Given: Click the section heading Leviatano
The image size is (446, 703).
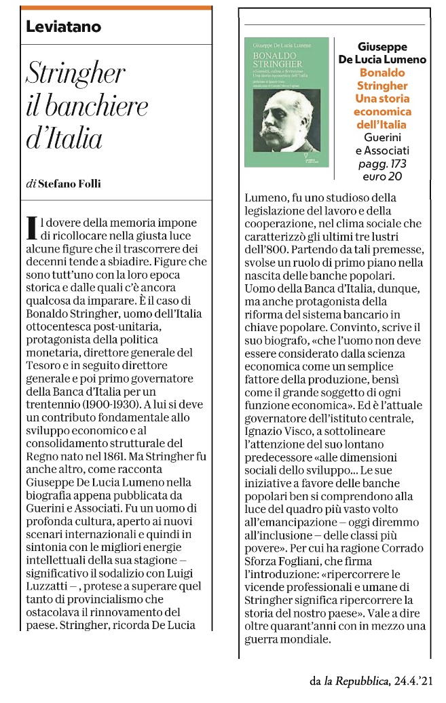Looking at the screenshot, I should click(x=63, y=27).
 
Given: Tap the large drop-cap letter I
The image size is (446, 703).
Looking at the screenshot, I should click(x=30, y=228).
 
